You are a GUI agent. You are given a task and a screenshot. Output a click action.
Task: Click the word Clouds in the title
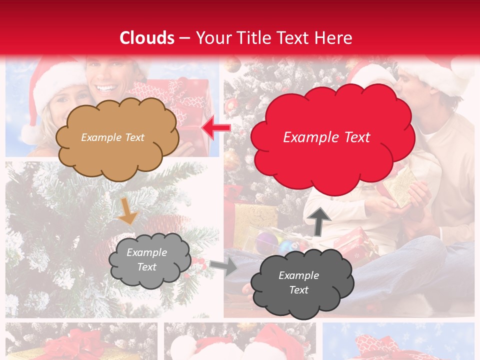point(147,38)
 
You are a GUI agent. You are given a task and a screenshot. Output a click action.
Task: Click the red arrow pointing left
point(215,128)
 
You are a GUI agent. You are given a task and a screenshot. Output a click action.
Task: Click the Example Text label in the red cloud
point(326,137)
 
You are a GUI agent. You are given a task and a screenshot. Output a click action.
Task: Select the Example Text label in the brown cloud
point(112,137)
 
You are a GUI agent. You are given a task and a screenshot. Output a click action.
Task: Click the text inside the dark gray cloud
point(298,282)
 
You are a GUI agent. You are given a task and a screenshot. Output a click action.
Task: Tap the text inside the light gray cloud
point(146,260)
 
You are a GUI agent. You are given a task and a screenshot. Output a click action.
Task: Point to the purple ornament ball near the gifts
point(266,242)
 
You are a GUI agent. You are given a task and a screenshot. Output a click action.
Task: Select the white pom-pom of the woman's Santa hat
point(31,134)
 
